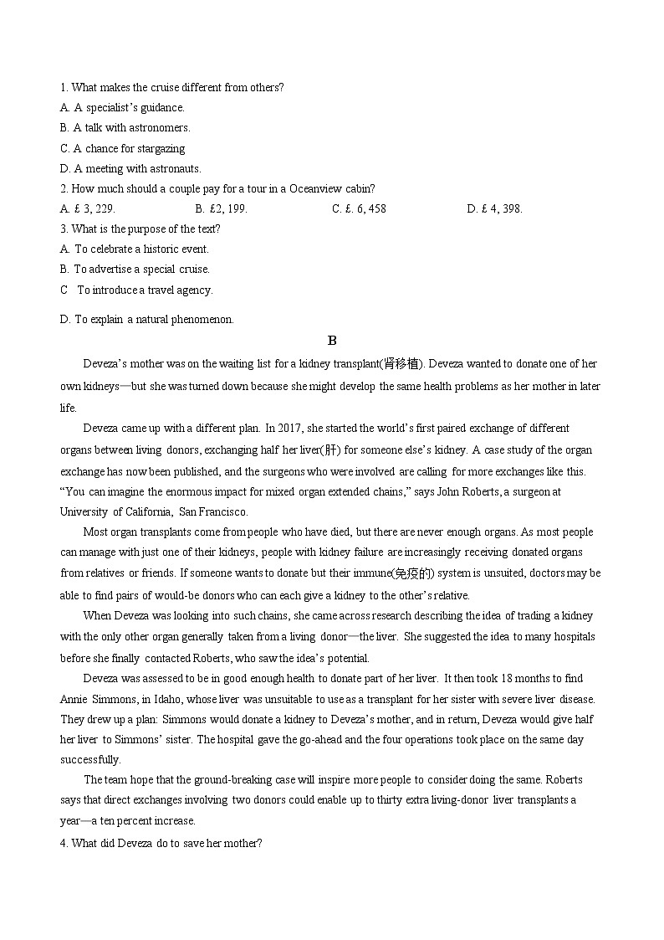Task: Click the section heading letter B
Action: coord(332,341)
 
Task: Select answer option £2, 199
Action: coord(221,209)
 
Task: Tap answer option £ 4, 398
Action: coord(494,209)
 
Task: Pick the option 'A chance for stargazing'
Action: coord(123,148)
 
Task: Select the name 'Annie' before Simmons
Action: coord(74,699)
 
